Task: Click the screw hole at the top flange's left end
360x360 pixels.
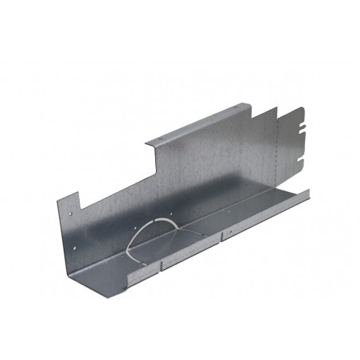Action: (x=157, y=141)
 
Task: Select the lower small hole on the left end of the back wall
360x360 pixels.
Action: (x=72, y=213)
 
